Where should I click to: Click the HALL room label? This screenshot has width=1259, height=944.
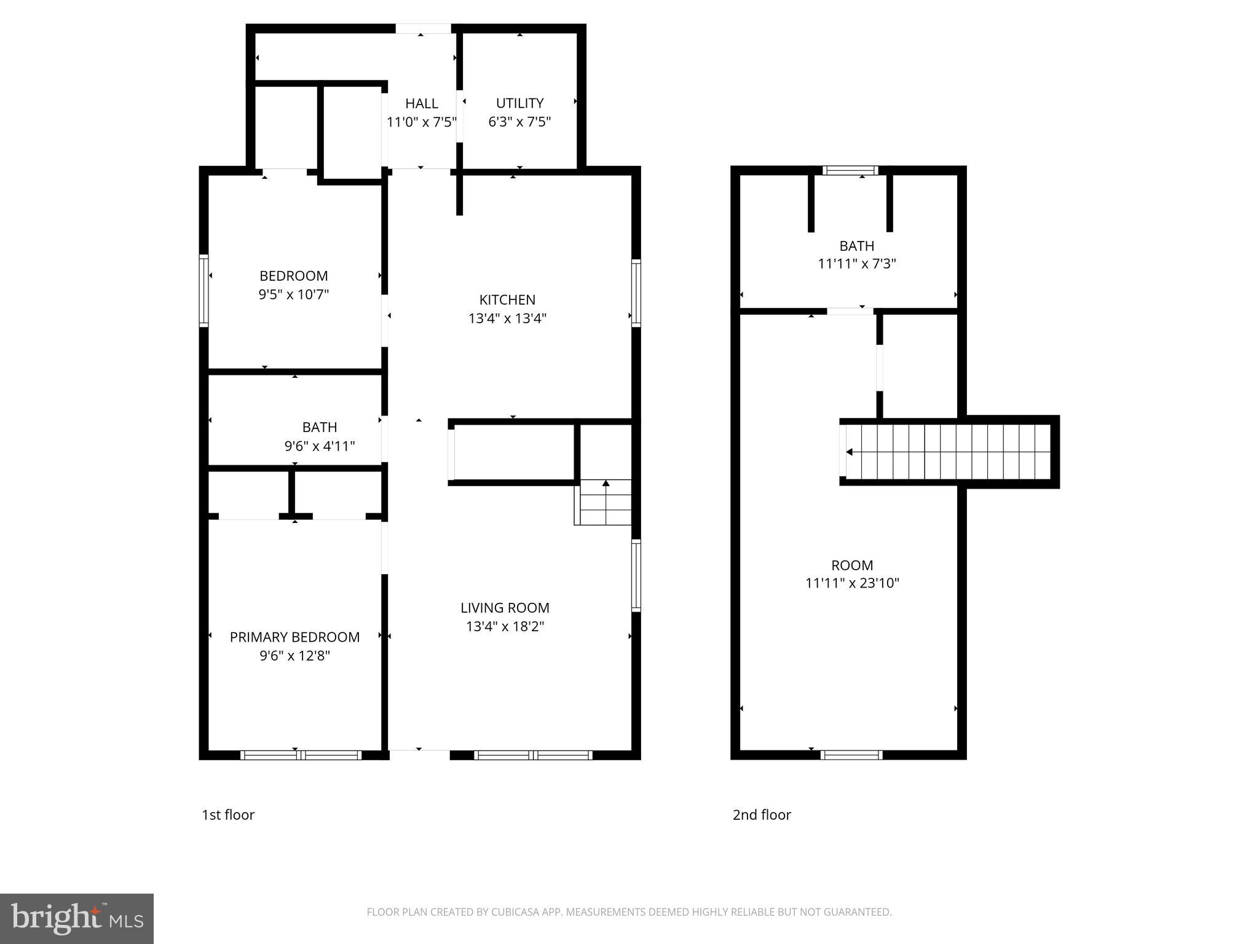point(421,103)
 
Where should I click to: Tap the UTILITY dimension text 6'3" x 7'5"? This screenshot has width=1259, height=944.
point(519,122)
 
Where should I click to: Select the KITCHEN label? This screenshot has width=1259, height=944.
point(507,299)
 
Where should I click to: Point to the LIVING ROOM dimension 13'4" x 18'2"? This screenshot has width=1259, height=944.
point(505,626)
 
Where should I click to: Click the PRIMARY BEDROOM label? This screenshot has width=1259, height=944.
point(294,637)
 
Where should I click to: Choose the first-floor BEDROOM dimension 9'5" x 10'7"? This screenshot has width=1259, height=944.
point(293,294)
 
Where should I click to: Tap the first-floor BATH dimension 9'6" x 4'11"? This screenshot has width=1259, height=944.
point(319,446)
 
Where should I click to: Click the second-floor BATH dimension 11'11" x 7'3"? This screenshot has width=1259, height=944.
point(856,264)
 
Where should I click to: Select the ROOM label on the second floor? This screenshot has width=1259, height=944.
point(852,565)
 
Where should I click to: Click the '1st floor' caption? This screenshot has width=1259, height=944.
point(228,814)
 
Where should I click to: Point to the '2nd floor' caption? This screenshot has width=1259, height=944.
point(762,814)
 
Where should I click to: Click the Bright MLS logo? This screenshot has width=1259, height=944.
point(77,918)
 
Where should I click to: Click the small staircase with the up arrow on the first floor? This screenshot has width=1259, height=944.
point(603,502)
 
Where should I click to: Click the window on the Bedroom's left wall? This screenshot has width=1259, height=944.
point(203,289)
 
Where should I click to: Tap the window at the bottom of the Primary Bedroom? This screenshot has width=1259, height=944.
point(300,755)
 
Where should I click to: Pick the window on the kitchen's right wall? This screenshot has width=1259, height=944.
point(636,292)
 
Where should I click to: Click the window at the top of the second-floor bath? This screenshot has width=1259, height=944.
point(851,170)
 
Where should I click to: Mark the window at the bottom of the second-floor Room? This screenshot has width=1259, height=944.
point(851,755)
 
